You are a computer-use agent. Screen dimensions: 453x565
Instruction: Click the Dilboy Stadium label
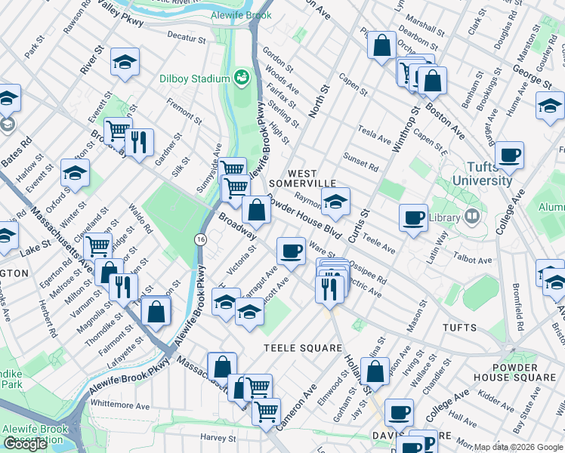point(194,79)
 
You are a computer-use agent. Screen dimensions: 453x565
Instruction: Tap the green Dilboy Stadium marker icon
point(242,77)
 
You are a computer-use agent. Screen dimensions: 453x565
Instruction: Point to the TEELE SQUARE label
point(292,347)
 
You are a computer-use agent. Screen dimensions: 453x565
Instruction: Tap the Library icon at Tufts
point(473,217)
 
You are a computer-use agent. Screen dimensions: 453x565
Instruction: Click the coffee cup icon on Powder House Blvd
point(291,250)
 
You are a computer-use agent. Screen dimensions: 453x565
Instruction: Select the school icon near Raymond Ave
point(336,201)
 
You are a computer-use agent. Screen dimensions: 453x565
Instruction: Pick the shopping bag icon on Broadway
point(257,210)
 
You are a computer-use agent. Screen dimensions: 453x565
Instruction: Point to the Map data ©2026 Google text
point(517,447)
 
